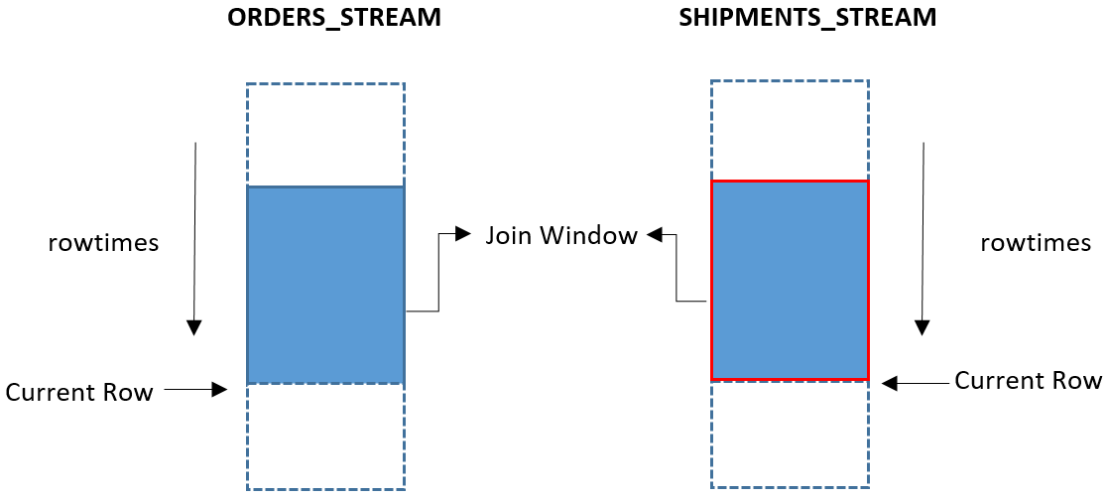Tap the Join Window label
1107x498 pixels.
(x=561, y=236)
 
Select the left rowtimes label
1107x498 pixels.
(x=103, y=243)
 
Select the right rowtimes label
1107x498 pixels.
(x=1036, y=243)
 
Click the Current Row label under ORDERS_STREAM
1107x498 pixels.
(x=79, y=392)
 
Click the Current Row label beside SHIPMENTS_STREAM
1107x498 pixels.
(x=1028, y=381)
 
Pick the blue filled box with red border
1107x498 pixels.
(x=790, y=280)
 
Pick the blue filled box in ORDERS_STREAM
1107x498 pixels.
(x=325, y=285)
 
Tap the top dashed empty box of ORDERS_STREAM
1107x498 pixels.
(x=325, y=134)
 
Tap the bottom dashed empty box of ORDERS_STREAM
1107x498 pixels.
(x=325, y=436)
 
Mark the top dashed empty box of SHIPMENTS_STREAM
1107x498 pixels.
(x=790, y=130)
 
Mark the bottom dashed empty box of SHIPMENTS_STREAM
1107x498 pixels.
(x=790, y=434)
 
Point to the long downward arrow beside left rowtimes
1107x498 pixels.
(x=195, y=238)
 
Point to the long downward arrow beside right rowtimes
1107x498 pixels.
(x=924, y=238)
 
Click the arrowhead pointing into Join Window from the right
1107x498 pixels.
(x=654, y=235)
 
